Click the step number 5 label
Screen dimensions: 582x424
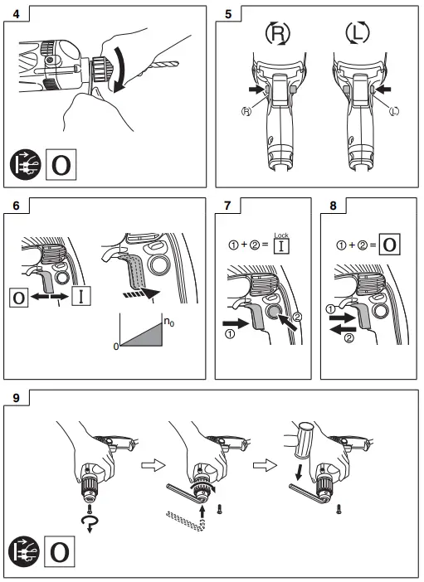pos(229,14)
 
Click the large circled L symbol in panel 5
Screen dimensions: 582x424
pos(358,35)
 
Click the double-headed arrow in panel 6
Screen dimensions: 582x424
pos(54,296)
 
